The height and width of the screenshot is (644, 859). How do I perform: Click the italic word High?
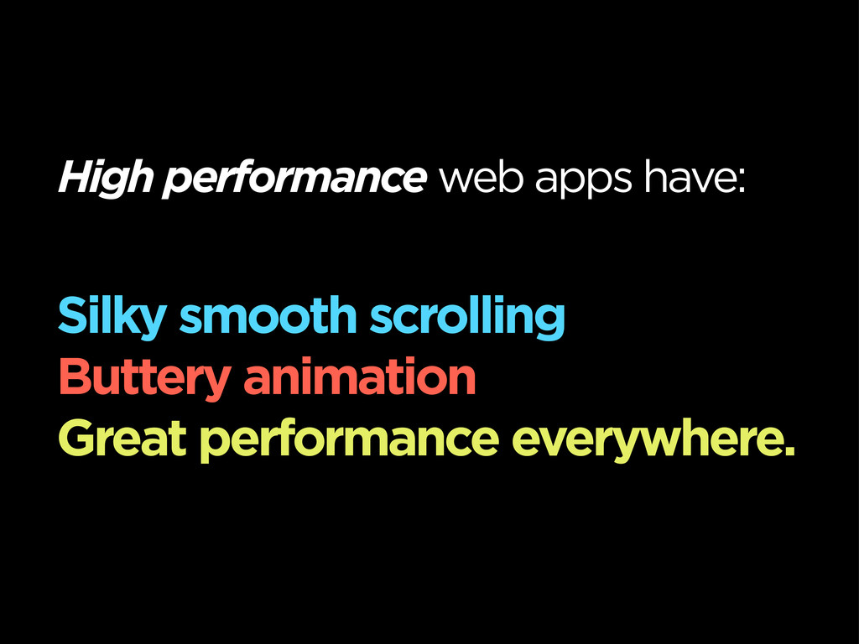106,178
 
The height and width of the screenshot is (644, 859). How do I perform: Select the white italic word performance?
294,178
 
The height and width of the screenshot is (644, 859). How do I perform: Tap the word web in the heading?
481,177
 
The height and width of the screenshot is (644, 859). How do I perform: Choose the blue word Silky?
112,316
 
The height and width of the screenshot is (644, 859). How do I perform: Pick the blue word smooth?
268,315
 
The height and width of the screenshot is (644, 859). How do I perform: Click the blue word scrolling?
466,316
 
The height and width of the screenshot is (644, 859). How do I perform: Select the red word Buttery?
144,379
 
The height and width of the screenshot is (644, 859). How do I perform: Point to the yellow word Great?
122,438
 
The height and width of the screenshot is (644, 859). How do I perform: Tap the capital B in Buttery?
75,377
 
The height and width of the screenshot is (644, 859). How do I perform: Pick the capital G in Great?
78,438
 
